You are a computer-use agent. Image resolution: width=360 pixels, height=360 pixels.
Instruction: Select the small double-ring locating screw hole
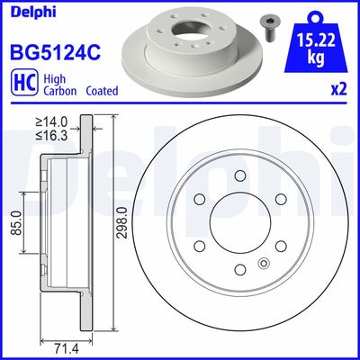[x=263, y=263]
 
